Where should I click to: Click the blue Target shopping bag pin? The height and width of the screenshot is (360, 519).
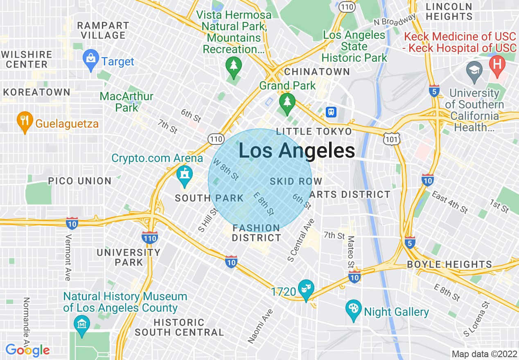click(90, 60)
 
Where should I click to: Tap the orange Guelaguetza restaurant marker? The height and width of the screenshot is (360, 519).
click(25, 121)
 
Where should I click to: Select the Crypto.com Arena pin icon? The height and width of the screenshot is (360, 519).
click(185, 175)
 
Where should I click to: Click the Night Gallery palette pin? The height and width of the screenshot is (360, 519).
click(353, 310)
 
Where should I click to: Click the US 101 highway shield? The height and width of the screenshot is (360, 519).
click(391, 139)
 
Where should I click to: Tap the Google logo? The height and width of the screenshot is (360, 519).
click(28, 350)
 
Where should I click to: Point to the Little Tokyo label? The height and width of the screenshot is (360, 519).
click(314, 131)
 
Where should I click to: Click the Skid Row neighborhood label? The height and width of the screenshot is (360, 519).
click(296, 181)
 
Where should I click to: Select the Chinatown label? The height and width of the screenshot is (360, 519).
click(317, 72)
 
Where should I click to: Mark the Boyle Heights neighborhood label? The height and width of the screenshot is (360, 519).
click(449, 264)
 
